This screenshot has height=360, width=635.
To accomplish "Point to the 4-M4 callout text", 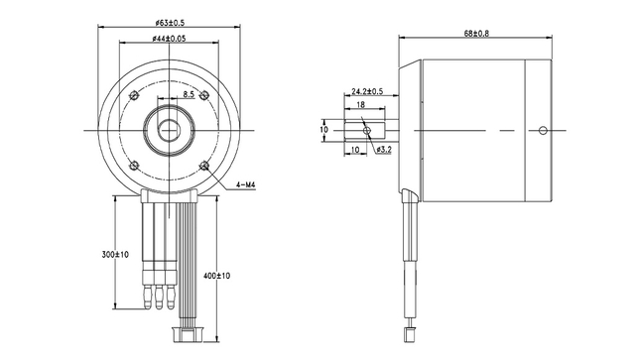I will tap(248, 185).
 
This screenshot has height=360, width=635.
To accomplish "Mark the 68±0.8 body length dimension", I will tap(475, 34).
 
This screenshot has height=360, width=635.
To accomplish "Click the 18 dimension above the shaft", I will tap(359, 104).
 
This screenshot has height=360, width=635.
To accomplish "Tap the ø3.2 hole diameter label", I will tap(383, 150).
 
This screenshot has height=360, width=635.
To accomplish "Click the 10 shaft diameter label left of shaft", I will tap(323, 129).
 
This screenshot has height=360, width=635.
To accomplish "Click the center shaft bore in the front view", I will tap(166, 129).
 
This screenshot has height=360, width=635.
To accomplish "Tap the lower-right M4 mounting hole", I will tap(203, 165).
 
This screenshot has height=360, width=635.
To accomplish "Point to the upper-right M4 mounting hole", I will tap(202, 94).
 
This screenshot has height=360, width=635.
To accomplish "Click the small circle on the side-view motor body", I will tap(542, 129).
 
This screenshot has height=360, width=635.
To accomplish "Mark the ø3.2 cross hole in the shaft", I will tap(368, 129).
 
